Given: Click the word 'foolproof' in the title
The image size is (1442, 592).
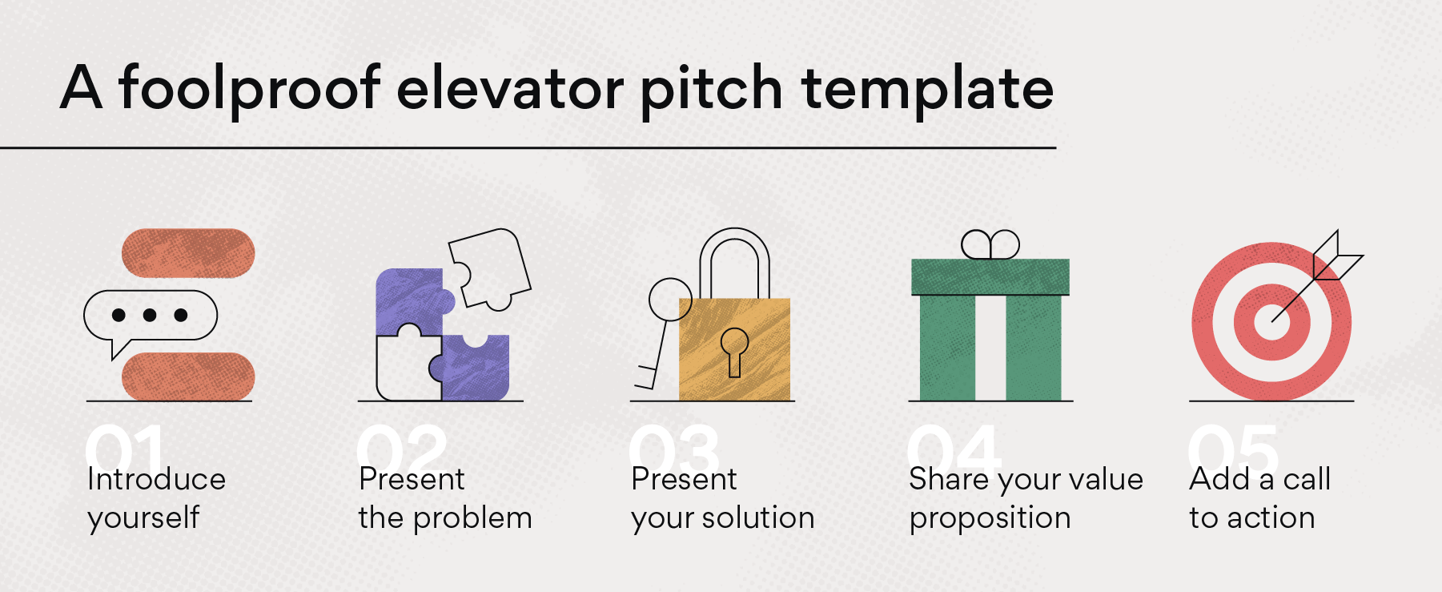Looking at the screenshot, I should tap(249, 88).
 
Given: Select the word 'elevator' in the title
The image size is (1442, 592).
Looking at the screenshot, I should tap(509, 88).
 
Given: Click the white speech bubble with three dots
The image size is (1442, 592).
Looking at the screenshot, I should tap(151, 315).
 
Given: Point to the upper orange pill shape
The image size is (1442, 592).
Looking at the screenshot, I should tap(188, 253).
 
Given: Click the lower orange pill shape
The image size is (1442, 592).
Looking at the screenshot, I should tap(188, 376).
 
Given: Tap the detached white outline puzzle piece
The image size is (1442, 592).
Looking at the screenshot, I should tap(489, 267).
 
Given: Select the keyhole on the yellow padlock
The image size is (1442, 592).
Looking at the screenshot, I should tap(734, 349).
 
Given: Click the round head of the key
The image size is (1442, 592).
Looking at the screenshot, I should tap(669, 299).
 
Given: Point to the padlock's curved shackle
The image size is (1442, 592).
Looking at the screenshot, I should tap(734, 248).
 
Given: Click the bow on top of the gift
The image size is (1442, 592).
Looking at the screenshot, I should tap(990, 244).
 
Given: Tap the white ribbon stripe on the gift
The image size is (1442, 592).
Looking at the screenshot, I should tap(990, 348).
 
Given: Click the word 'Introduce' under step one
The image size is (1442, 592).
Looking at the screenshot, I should tap(156, 479).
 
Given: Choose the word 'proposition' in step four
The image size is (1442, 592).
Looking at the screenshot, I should tap(990, 518).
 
